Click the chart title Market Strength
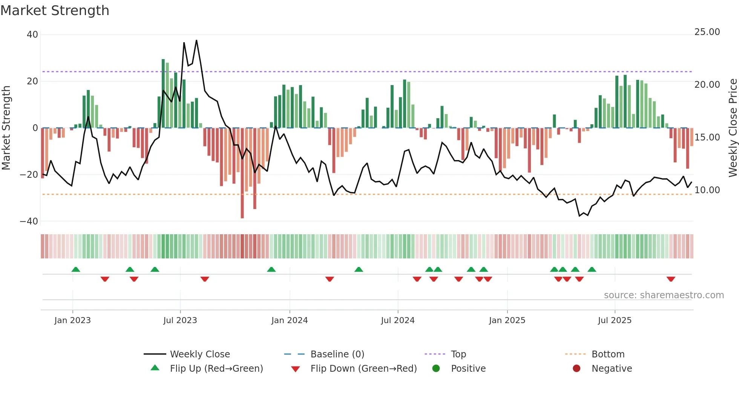click(55, 11)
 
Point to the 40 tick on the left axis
click(32, 35)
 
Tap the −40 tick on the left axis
click(29, 221)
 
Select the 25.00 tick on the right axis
click(707, 32)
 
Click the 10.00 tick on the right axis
click(707, 190)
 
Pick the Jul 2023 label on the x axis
click(180, 320)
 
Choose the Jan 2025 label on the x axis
click(507, 320)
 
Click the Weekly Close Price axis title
click(733, 128)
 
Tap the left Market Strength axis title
click(6, 128)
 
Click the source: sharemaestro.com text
click(664, 295)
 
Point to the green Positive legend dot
click(436, 369)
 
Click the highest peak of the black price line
click(196, 41)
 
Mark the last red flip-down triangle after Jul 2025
click(670, 279)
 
